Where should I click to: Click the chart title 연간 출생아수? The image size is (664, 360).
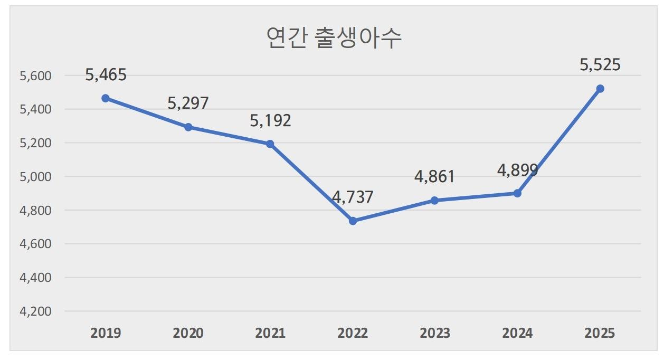[x=334, y=38]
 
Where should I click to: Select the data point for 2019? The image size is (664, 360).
[x=106, y=98]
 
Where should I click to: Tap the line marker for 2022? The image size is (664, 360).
[x=353, y=221]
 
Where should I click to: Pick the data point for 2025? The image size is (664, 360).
[x=600, y=89]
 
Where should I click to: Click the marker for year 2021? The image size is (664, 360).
[x=270, y=144]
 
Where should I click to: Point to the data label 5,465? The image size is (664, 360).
[x=106, y=74]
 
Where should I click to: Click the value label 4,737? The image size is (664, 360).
[x=353, y=197]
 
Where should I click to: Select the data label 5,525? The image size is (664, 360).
[x=600, y=65]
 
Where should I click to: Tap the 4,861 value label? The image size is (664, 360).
[x=434, y=176]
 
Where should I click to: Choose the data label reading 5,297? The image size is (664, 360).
[x=188, y=103]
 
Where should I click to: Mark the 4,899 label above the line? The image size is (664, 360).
[x=517, y=170]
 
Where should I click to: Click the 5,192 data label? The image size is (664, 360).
[x=270, y=120]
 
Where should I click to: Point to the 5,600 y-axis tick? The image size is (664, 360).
[x=35, y=76]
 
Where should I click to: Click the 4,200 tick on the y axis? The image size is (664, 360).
[x=35, y=311]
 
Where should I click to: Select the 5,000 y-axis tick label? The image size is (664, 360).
[x=35, y=177]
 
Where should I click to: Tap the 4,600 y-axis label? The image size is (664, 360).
[x=35, y=244]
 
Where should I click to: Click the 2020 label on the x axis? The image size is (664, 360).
[x=188, y=334]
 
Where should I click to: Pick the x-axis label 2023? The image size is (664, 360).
[x=435, y=334]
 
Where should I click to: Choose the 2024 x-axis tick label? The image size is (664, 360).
[x=517, y=334]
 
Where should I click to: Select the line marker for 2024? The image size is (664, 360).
[x=517, y=193]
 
